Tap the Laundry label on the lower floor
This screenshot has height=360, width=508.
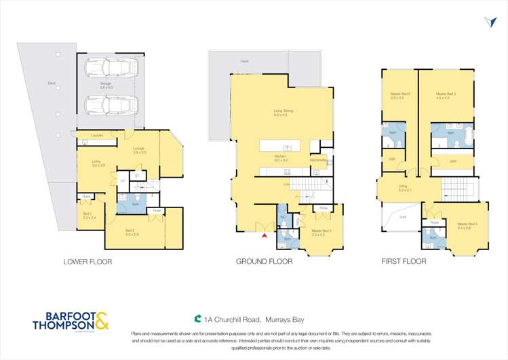[97, 136]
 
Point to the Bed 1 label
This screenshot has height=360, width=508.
[89, 216]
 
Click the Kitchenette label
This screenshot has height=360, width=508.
[318, 161]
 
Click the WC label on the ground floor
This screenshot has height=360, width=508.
[283, 217]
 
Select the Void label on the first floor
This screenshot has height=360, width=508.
[402, 217]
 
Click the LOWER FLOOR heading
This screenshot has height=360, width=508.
[87, 261]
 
